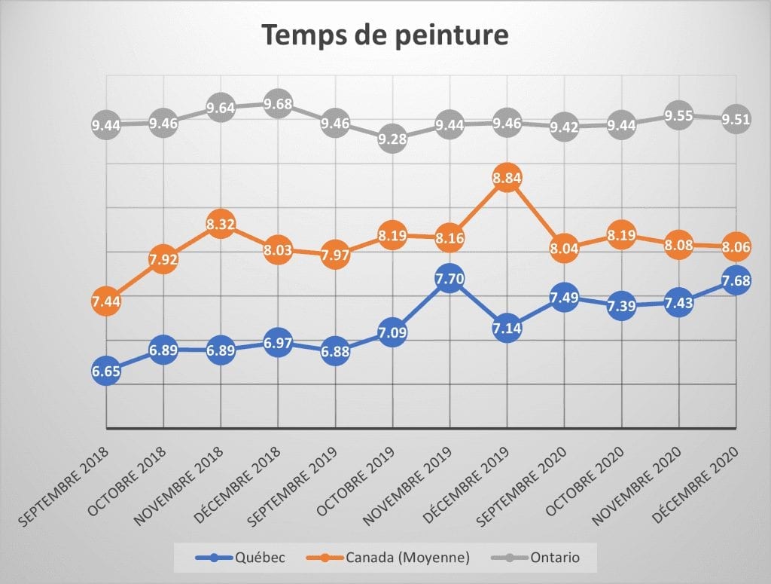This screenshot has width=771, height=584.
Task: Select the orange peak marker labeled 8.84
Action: coord(507,179)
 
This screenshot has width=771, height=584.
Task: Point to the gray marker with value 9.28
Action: coord(392,139)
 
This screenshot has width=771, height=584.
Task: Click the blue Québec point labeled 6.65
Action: coord(106,370)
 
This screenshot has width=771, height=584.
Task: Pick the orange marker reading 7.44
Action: coord(106,301)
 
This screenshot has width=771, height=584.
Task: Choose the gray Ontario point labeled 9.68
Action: coord(278,103)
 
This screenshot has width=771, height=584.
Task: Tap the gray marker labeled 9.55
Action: coord(678,117)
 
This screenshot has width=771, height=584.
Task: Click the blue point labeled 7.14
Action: coord(507,329)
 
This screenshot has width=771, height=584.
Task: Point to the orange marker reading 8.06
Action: coord(736,246)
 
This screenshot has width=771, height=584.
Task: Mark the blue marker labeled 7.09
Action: coord(392,332)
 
